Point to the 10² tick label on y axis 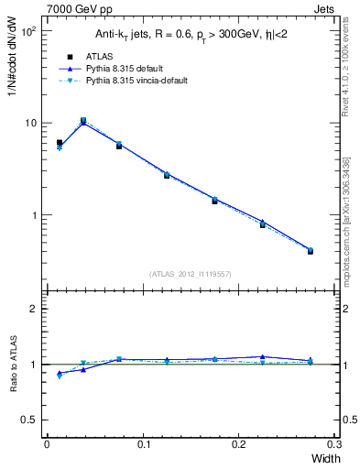[28, 31]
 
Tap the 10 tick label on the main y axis [30, 123]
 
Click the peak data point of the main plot [83, 120]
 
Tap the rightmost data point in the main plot [311, 250]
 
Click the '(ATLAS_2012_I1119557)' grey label [190, 273]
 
